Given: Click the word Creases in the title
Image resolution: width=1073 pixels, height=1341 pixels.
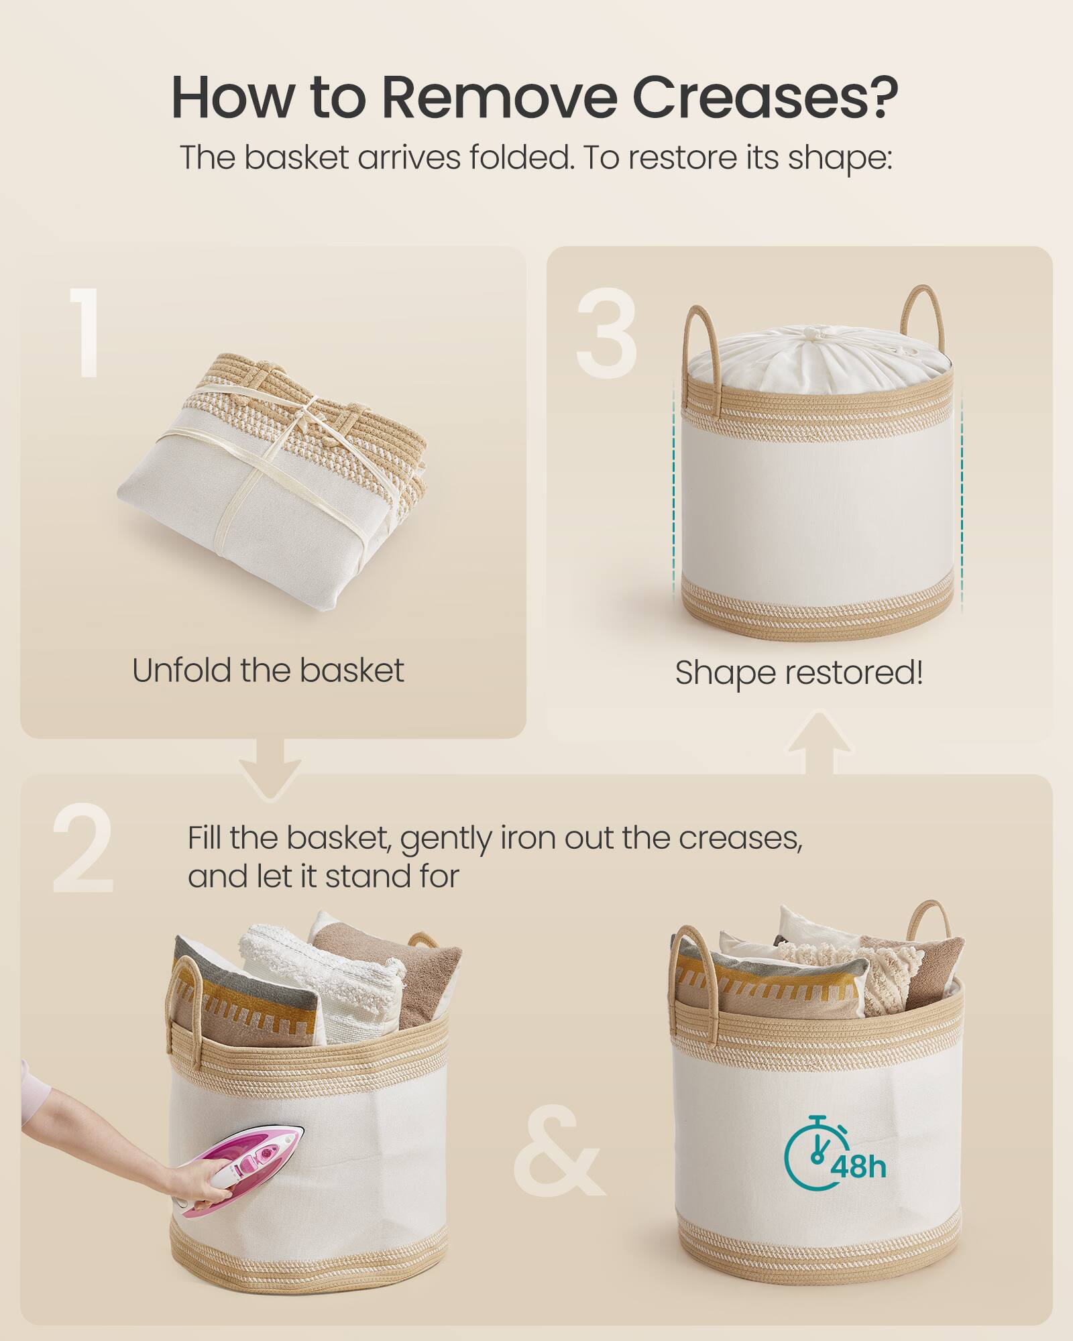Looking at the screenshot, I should pyautogui.click(x=765, y=98).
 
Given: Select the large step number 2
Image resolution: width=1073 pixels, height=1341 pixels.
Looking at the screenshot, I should pyautogui.click(x=83, y=848).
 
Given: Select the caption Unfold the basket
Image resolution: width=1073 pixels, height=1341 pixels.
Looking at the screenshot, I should pyautogui.click(x=268, y=670).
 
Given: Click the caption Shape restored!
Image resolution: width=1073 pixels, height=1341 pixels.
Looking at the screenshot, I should pyautogui.click(x=799, y=673).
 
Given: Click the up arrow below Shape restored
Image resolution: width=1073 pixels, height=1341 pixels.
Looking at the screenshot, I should pyautogui.click(x=819, y=741).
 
